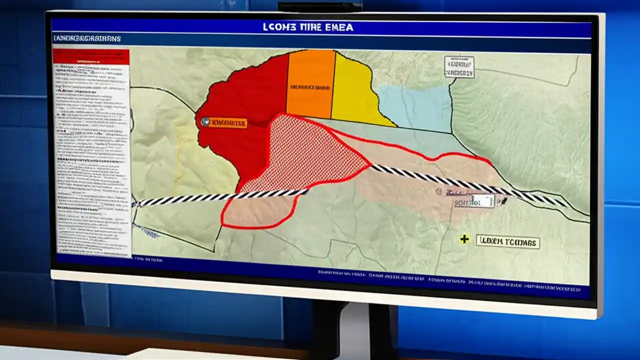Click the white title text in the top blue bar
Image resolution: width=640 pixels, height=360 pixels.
[x=308, y=27]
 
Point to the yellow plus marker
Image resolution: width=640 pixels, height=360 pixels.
[x=464, y=239]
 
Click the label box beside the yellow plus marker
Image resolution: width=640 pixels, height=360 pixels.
[x=507, y=242]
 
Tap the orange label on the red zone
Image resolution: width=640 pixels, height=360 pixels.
[x=228, y=122]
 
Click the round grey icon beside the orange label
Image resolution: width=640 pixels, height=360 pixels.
[x=204, y=121]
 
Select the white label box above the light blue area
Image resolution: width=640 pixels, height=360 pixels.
[x=458, y=67]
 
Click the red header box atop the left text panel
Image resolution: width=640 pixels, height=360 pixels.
[x=91, y=56]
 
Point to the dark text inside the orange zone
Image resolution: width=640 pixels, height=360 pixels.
[x=309, y=87]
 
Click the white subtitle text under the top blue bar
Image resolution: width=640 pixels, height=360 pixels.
[x=87, y=38]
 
